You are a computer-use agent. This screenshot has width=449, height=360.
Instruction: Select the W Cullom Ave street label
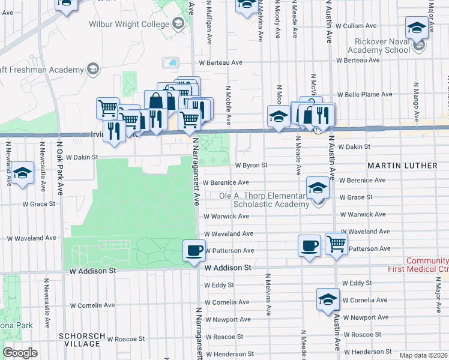click(356, 26)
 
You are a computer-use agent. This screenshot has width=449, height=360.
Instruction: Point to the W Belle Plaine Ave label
click(364, 95)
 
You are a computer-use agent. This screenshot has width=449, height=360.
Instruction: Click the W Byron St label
click(250, 165)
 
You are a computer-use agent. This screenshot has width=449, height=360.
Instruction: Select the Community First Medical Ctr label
click(427, 265)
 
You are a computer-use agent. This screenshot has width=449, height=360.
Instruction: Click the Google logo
click(20, 353)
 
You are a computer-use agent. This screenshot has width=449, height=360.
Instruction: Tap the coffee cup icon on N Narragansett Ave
click(193, 250)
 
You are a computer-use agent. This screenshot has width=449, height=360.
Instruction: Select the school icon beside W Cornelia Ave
click(328, 299)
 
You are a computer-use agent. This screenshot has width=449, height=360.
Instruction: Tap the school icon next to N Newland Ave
click(22, 174)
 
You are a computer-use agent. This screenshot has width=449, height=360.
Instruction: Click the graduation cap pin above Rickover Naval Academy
click(416, 28)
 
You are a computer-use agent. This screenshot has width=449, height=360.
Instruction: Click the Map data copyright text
click(423, 355)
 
